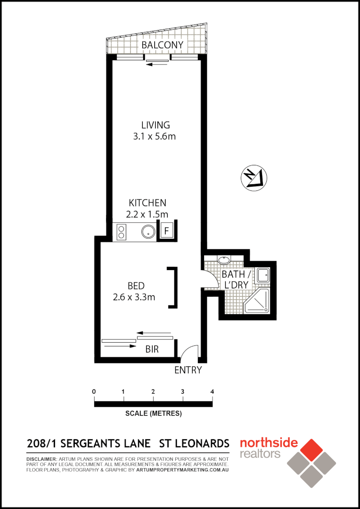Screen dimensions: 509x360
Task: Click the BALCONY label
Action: [x=162, y=45]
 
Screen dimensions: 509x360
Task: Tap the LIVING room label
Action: [x=155, y=125]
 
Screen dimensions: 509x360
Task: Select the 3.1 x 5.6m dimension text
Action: [x=155, y=137]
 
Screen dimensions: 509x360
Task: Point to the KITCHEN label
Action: [x=147, y=203]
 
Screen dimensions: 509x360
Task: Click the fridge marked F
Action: [x=166, y=231]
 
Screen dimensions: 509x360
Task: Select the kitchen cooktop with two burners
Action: [x=121, y=231]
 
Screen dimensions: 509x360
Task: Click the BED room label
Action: [x=136, y=286]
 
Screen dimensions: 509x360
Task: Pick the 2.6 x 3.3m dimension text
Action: [x=134, y=297]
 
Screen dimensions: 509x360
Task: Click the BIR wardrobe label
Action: [x=152, y=350]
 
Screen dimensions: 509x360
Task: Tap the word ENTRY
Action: [x=188, y=370]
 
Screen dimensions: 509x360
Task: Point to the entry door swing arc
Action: [x=189, y=351]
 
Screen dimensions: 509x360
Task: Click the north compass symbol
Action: [x=254, y=178]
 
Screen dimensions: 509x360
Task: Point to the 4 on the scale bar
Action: [x=213, y=392]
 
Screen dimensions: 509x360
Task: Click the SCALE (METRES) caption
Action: [x=154, y=414]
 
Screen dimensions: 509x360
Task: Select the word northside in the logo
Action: [x=269, y=443]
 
